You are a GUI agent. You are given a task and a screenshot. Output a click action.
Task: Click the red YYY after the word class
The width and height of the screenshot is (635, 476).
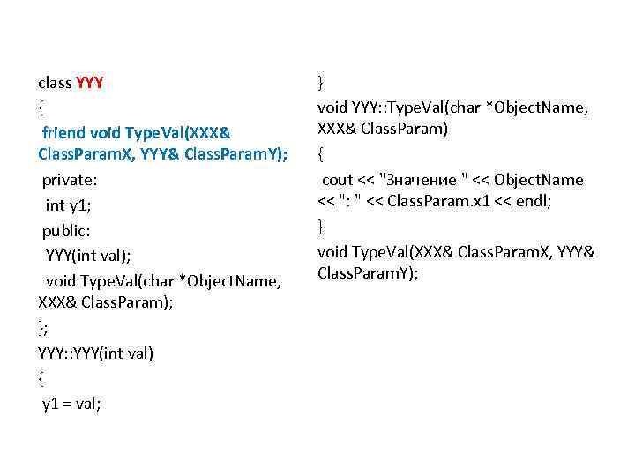click(x=91, y=84)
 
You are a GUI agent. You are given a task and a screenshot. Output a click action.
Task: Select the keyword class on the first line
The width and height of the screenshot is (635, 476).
click(x=55, y=84)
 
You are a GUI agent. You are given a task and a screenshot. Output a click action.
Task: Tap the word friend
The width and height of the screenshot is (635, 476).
click(x=64, y=133)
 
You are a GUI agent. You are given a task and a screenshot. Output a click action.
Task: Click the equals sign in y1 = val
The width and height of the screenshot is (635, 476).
click(x=66, y=404)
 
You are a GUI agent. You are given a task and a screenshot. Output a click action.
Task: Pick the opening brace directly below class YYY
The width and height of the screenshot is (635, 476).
click(x=41, y=108)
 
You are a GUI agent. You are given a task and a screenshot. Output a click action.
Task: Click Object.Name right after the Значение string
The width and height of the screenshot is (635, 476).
click(x=539, y=180)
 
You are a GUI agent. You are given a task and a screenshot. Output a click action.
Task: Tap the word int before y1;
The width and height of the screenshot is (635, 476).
click(x=55, y=206)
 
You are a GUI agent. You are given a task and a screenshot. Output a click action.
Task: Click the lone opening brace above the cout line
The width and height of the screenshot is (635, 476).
click(x=321, y=155)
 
